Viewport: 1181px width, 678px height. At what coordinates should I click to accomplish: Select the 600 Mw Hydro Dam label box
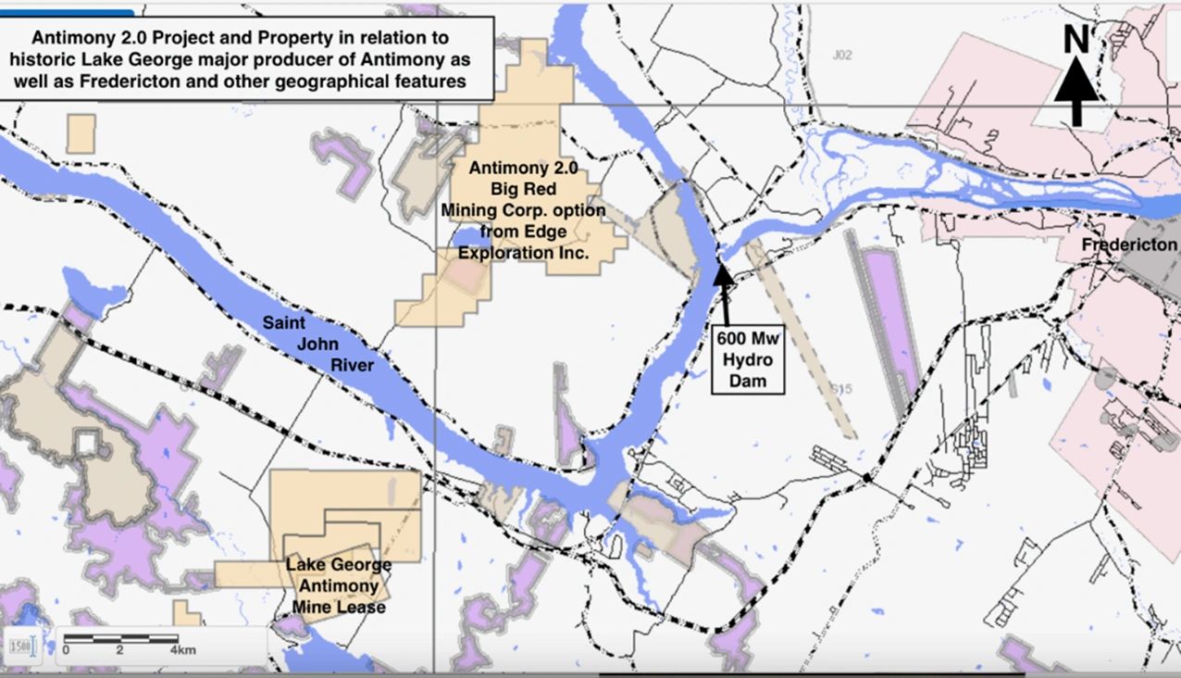[x=748, y=358]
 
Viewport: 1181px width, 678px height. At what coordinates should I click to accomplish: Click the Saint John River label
[x=317, y=344]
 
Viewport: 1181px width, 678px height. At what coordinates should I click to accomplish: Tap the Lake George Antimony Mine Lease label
[x=338, y=585]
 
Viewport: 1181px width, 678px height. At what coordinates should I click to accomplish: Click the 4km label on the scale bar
[x=182, y=650]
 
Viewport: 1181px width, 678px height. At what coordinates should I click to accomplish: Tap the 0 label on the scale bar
[x=66, y=650]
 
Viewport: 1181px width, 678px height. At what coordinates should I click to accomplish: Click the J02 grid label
[x=840, y=56]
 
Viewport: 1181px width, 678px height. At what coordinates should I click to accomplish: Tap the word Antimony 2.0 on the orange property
[x=523, y=169]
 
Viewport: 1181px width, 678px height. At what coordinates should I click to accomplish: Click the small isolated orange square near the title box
[x=81, y=134]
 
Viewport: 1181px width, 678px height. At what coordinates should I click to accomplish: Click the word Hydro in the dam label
[x=748, y=359]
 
